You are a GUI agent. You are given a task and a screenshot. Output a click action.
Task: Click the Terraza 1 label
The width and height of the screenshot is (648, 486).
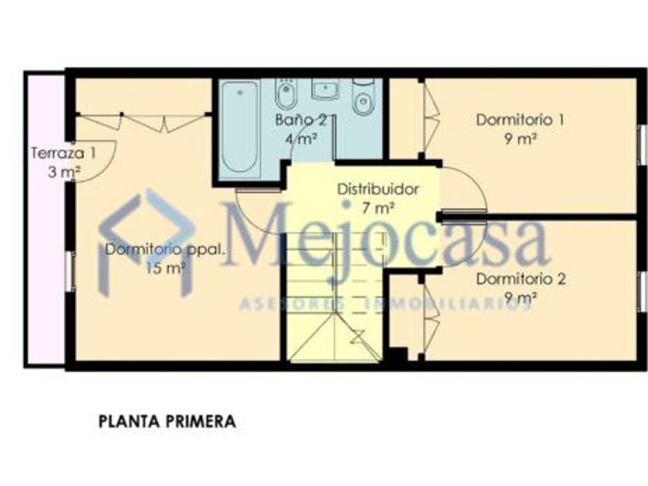click(x=63, y=154)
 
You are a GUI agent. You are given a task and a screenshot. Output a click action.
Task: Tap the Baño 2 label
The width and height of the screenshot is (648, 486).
click(x=301, y=120)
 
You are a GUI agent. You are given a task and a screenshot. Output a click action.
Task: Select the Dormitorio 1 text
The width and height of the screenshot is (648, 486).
click(x=520, y=120)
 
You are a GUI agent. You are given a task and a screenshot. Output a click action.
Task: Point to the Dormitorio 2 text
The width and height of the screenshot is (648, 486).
click(x=521, y=279)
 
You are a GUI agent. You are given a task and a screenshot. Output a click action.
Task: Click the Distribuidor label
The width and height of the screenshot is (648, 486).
click(x=378, y=189)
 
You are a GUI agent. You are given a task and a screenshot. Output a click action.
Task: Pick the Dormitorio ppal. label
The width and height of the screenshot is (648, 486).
click(x=166, y=250)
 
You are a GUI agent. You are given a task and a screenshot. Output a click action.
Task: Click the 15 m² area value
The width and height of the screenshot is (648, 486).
click(x=165, y=268)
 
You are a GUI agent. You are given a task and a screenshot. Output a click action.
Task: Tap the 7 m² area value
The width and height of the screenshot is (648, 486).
click(x=378, y=208)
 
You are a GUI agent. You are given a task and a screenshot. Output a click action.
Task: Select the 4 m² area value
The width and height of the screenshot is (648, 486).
click(x=302, y=139)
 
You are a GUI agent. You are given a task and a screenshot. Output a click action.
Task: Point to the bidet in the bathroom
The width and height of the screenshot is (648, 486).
click(x=285, y=94)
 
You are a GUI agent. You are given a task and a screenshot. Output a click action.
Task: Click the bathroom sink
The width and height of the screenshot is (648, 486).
click(x=326, y=89)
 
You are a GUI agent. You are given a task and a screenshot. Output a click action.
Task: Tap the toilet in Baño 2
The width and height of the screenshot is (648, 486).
click(x=363, y=96)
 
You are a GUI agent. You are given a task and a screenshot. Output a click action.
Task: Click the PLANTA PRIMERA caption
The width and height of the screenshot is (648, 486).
click(x=167, y=421)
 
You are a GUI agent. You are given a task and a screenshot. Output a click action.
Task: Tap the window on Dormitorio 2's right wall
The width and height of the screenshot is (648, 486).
click(x=643, y=291)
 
